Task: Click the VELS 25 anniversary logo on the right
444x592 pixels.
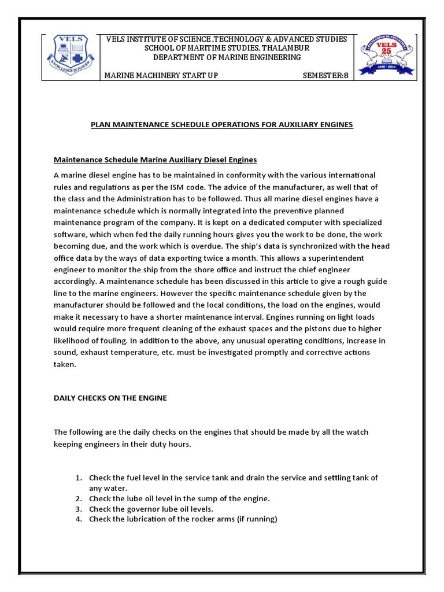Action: pyautogui.click(x=386, y=56)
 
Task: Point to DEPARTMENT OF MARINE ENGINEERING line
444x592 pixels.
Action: pyautogui.click(x=227, y=57)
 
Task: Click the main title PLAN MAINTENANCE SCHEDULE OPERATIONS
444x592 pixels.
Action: pyautogui.click(x=221, y=125)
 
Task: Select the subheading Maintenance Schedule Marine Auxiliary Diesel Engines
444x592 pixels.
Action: pyautogui.click(x=155, y=159)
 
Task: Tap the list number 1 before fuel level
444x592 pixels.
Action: pyautogui.click(x=79, y=478)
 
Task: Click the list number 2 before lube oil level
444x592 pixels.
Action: pyautogui.click(x=79, y=498)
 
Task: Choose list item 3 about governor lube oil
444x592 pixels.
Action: pyautogui.click(x=151, y=509)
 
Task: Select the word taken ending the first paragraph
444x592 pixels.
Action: pyautogui.click(x=65, y=364)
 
